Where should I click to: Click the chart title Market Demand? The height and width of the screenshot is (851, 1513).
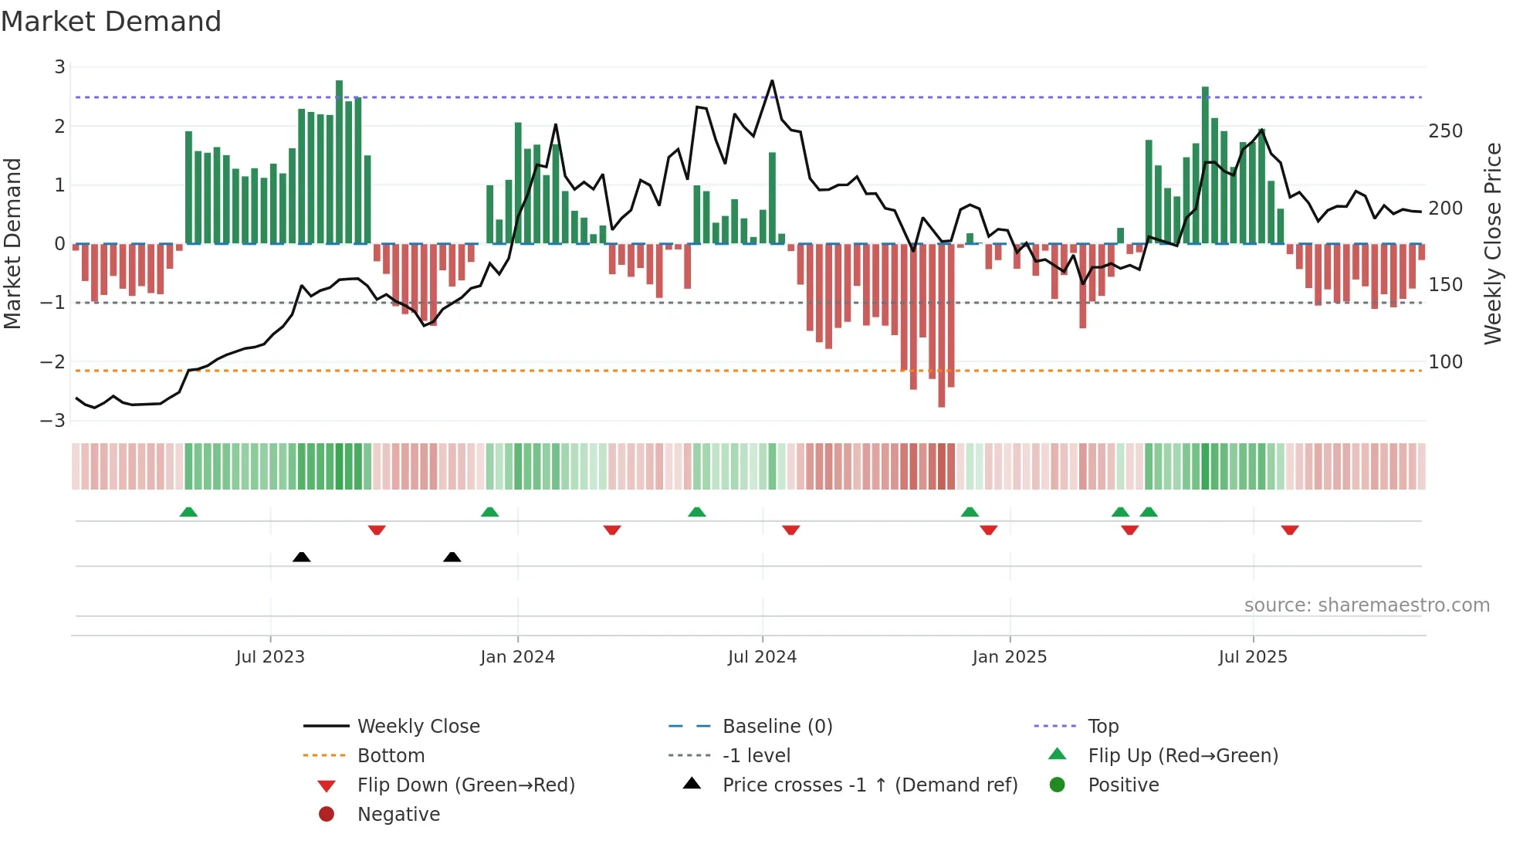pos(111,22)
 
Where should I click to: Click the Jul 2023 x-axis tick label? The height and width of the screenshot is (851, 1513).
pos(270,657)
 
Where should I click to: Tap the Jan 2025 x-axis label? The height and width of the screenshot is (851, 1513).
pos(1009,657)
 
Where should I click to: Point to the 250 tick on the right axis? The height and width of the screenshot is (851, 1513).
pos(1445,131)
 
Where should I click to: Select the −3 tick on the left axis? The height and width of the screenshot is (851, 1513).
pos(53,421)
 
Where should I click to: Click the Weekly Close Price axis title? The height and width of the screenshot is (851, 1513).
pos(1493,243)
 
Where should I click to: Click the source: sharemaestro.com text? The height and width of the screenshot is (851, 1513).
pos(1366,605)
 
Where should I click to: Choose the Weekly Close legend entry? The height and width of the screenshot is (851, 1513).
pos(418,727)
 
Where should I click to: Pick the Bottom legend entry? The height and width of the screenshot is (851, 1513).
pos(391,756)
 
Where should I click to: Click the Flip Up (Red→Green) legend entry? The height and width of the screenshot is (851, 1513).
pos(1183,756)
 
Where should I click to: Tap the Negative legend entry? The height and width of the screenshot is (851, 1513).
pos(398,815)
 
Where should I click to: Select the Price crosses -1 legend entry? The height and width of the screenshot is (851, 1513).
pos(869,785)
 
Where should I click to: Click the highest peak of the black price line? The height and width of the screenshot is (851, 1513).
pos(772,81)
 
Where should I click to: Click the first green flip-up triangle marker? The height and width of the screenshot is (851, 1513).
pos(188,512)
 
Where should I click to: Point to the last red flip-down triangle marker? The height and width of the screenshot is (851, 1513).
pos(1290,530)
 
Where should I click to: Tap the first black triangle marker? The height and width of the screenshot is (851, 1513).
pos(302,557)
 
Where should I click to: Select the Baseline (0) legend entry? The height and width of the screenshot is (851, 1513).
pos(777,727)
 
